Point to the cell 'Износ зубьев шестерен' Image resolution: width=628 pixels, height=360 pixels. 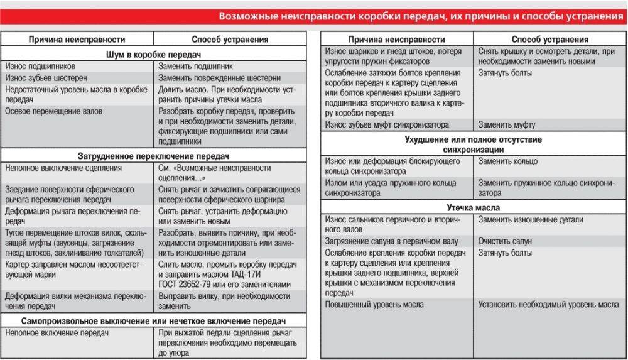point(41,78)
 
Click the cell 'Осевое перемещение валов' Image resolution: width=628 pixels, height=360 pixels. point(53,111)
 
